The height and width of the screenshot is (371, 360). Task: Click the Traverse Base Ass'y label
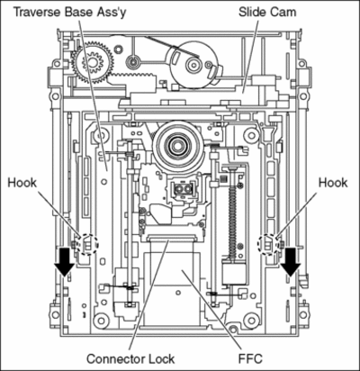70,13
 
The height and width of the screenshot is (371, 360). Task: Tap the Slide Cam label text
267,13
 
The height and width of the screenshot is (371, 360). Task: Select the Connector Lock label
130,358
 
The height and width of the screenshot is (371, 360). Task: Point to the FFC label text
250,358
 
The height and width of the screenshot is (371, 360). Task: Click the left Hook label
22,183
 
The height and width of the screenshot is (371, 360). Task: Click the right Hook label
333,183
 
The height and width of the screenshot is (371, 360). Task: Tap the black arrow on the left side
65,262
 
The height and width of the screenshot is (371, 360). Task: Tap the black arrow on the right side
291,262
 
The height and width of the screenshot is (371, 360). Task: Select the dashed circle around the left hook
87,235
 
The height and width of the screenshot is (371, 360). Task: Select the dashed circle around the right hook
269,235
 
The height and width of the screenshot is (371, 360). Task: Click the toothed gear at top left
93,62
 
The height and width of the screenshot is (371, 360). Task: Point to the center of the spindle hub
176,146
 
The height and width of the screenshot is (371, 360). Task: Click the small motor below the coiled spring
234,273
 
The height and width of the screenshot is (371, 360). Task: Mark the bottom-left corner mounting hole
101,321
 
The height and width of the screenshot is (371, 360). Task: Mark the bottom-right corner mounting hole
251,321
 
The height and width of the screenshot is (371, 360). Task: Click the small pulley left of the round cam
132,61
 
